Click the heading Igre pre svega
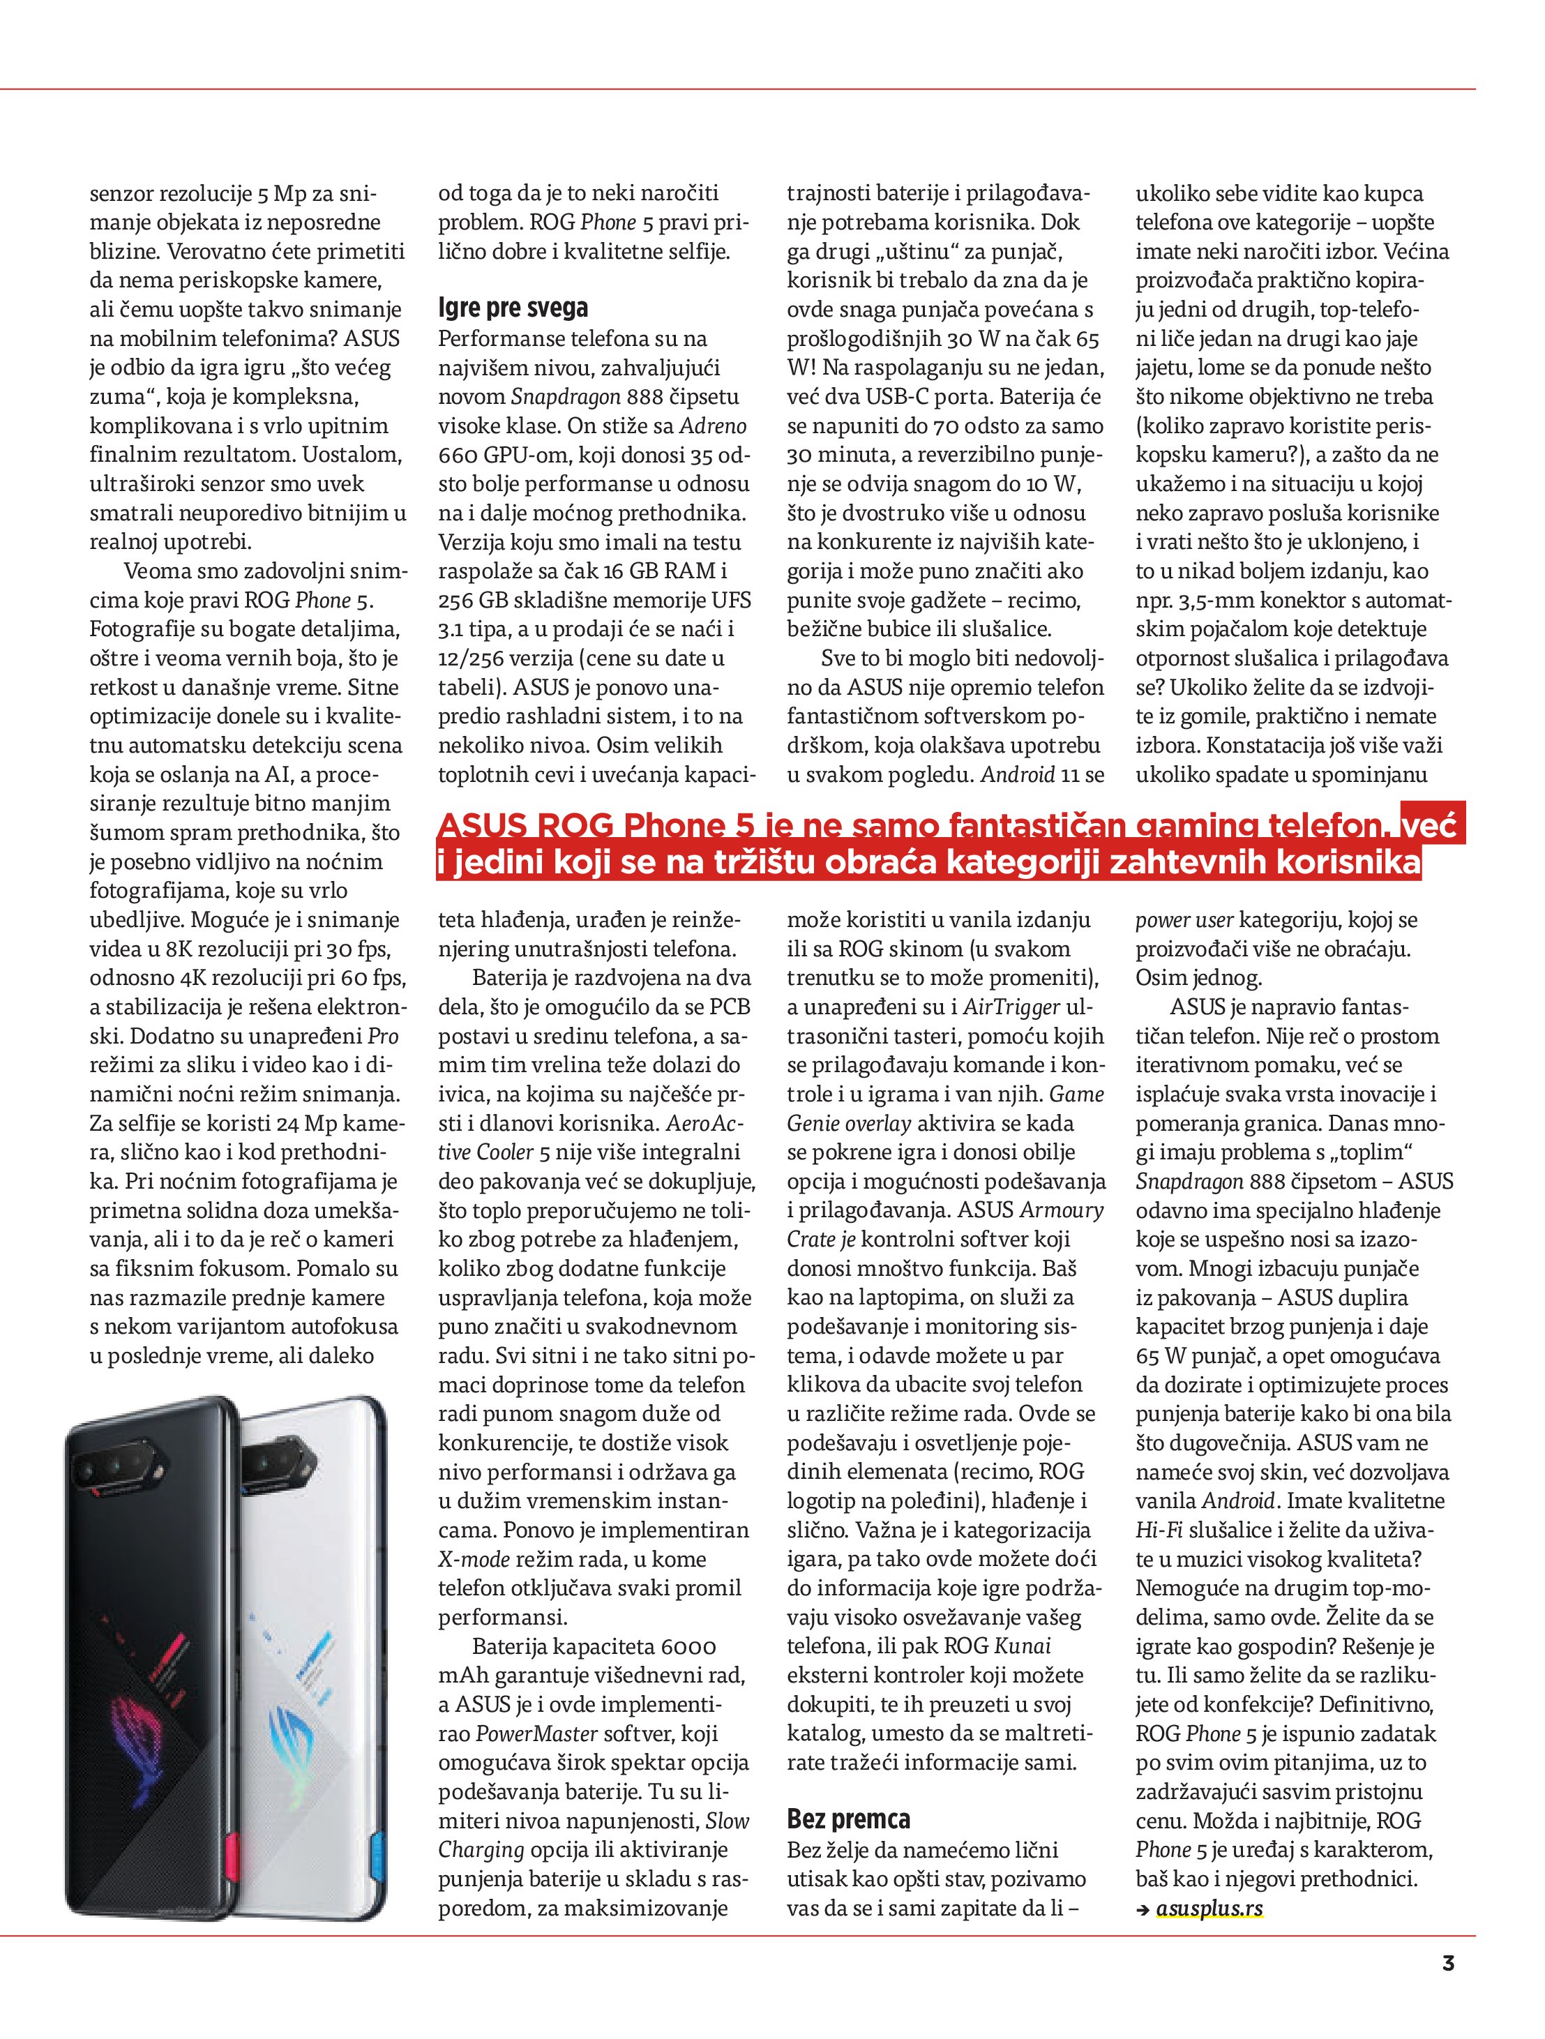point(513,308)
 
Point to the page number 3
point(1447,1964)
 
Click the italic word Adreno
point(713,426)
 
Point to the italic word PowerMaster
point(536,1733)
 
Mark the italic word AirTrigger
point(1012,1007)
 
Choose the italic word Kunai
point(1023,1646)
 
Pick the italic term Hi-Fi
point(1159,1530)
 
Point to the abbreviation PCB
point(730,1007)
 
